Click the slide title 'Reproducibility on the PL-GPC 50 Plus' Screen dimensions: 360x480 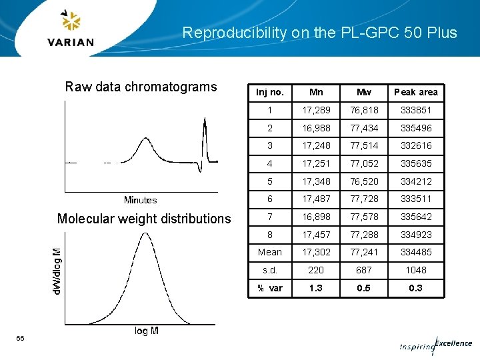point(319,33)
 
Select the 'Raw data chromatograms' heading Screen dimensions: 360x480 point(141,87)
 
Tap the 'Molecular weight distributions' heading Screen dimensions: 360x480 point(144,219)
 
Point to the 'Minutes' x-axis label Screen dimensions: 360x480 point(140,200)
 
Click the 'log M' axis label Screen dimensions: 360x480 point(146,331)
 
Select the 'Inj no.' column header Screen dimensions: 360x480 point(270,92)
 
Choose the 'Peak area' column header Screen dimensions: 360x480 point(415,92)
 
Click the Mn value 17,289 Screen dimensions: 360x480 point(316,110)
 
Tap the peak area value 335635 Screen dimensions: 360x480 point(415,163)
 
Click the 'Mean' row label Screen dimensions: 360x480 point(270,252)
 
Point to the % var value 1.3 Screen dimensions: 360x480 point(316,288)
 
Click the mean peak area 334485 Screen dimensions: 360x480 point(415,252)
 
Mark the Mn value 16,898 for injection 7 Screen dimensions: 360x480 point(316,217)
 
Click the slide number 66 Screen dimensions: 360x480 point(21,339)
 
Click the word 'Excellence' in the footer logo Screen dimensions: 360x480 point(453,343)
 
